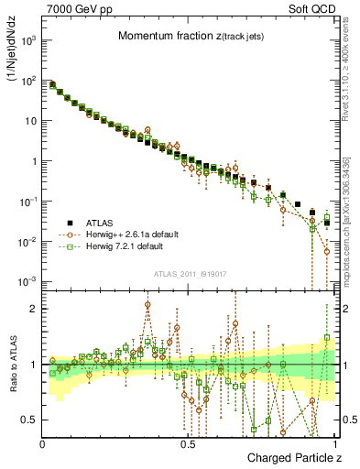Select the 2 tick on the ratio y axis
coord(35,309)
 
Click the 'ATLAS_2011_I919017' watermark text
coord(190,273)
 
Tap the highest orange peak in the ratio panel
coord(147,304)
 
